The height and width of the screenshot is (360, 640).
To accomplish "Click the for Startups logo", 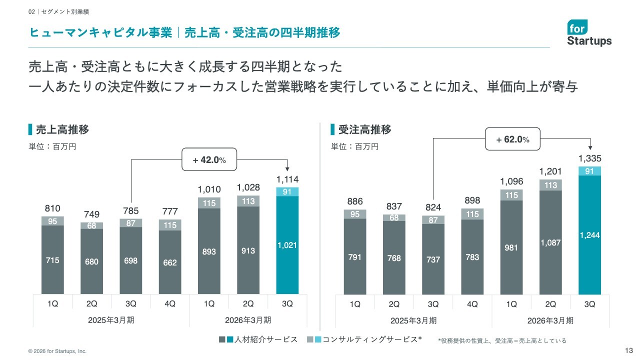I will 589,33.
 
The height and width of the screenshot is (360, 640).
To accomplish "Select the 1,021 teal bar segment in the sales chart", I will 287,245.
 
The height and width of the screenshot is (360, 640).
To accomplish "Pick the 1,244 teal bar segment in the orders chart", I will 589,235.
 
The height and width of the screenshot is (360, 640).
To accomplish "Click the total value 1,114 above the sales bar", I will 287,179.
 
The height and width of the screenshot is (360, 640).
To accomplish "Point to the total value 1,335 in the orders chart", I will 589,158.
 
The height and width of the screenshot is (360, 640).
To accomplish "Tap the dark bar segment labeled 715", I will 52,260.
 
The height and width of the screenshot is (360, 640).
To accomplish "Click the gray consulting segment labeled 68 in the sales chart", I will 91,225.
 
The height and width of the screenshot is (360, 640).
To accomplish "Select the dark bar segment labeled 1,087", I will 550,242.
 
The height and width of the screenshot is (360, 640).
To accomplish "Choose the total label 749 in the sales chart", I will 91,214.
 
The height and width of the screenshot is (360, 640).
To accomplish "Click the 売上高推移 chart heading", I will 62,130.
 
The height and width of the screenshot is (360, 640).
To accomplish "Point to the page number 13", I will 629,349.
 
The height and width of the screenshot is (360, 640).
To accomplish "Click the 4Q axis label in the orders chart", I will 472,304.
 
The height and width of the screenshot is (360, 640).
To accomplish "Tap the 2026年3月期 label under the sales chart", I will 248,320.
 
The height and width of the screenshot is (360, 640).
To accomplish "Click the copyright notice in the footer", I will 57,351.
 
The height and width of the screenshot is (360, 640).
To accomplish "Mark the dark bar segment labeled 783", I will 472,257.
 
